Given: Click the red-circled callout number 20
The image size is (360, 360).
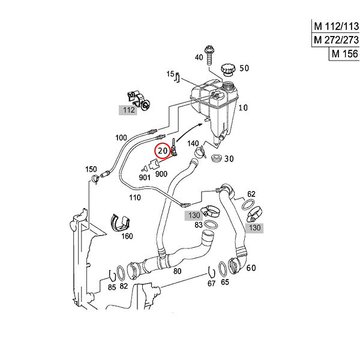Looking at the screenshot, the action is click(163, 151).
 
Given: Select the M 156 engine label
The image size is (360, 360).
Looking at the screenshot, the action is click(344, 54).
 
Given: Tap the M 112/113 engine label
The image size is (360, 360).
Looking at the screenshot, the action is click(336, 26).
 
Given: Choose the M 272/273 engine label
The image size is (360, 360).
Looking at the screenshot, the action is click(336, 40).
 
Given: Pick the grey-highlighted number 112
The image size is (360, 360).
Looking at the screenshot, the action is click(128, 110).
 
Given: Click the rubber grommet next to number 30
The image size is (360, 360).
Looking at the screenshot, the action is click(216, 158).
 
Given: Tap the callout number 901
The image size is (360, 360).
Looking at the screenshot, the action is click(145, 178).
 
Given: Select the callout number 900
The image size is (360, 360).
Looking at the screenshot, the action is click(161, 174).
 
